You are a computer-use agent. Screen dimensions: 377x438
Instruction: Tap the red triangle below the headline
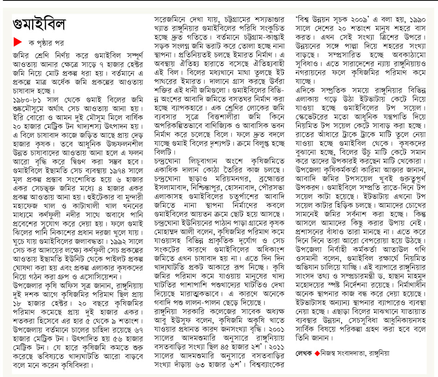click(x=17, y=43)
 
